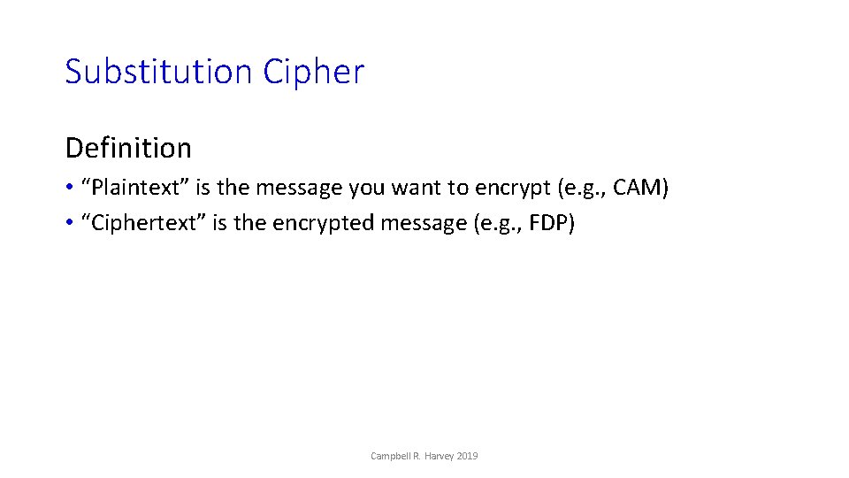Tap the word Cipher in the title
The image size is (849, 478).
(314, 72)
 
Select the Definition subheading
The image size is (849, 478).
(128, 147)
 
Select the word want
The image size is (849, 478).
(418, 188)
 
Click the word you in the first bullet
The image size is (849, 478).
(367, 188)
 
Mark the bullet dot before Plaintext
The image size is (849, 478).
(70, 189)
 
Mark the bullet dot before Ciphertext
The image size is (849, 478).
(70, 224)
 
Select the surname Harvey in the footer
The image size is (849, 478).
(439, 456)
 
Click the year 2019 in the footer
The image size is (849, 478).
(469, 456)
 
